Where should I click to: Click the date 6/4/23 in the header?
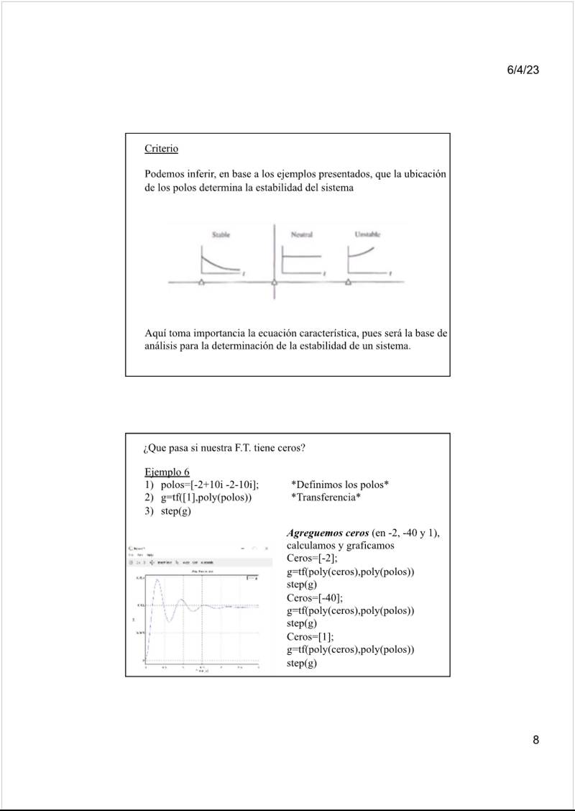(523, 70)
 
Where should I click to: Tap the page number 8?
(535, 741)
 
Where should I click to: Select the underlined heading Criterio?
(161, 149)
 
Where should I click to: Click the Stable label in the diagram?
(221, 234)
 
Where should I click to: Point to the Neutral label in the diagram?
(301, 234)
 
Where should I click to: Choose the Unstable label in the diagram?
(367, 234)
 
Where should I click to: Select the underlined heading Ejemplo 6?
(167, 472)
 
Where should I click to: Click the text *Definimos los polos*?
(340, 485)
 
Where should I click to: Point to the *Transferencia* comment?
(326, 498)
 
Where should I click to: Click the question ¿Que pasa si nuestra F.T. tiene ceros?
(224, 448)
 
